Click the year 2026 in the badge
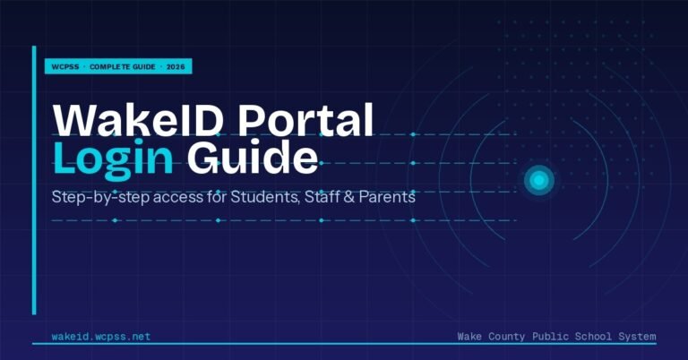tap(177, 67)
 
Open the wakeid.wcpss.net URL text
tap(102, 337)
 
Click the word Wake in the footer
tap(471, 337)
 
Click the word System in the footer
tap(637, 337)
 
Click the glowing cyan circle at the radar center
tap(538, 181)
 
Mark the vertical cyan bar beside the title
tap(35, 179)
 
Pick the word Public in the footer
tap(554, 337)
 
